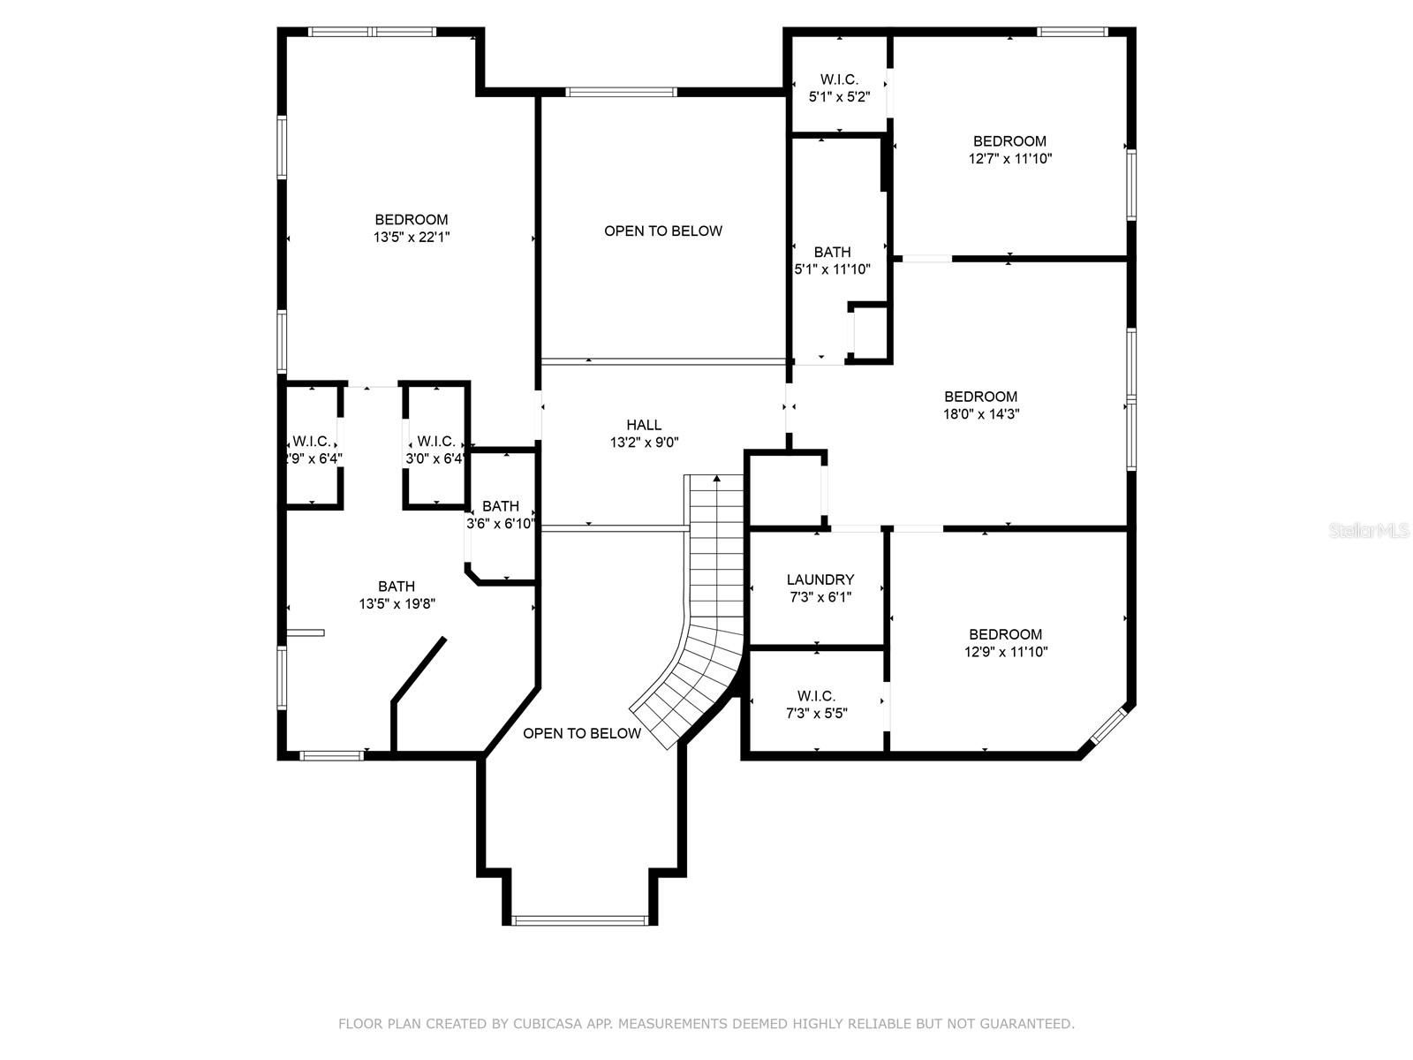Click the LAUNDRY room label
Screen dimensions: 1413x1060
coord(820,579)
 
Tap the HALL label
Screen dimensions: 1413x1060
coord(644,425)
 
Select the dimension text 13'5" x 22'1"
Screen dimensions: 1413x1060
coord(412,237)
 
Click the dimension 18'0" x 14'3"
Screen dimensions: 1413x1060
coord(981,413)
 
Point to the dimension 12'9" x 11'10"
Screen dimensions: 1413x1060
coord(1006,651)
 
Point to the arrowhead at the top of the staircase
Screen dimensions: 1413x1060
coord(717,478)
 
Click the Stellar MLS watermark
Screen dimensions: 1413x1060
coord(1369,530)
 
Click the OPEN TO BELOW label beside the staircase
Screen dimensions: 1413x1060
coord(582,733)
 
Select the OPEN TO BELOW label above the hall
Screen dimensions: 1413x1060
coord(663,231)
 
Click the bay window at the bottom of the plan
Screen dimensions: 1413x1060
coord(580,920)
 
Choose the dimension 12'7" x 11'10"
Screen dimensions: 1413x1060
coord(1010,158)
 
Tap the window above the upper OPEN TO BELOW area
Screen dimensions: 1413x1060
coord(621,92)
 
